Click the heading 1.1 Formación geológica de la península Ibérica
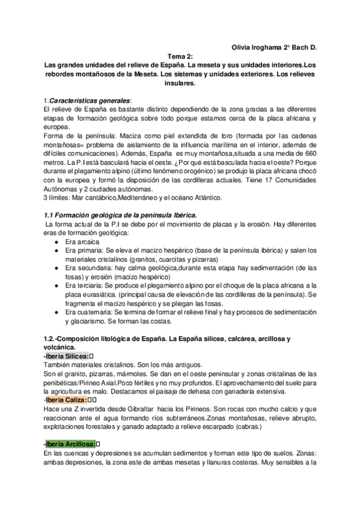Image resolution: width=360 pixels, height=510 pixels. [121, 215]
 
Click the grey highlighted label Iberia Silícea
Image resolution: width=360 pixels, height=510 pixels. [66, 356]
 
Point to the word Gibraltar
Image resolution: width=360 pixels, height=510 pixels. [139, 409]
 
